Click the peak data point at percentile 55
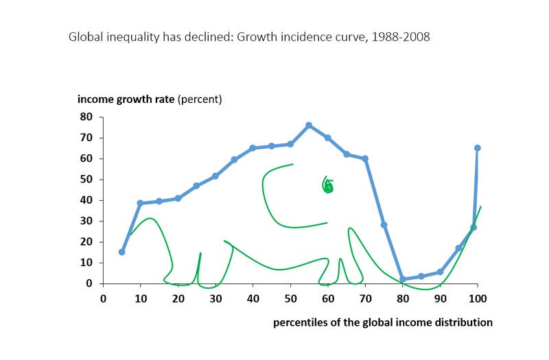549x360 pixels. (x=309, y=125)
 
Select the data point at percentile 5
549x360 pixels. (x=121, y=252)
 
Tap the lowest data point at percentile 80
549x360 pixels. (x=403, y=279)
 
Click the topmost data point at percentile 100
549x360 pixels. (x=478, y=148)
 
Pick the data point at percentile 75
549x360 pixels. (x=384, y=225)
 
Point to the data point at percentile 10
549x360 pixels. (x=140, y=203)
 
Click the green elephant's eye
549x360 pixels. (x=328, y=185)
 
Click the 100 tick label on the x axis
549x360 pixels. (x=478, y=299)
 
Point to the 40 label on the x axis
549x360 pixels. (x=253, y=299)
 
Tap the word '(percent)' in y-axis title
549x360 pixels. (x=200, y=99)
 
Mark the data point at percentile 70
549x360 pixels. (x=365, y=158)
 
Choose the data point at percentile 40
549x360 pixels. (x=253, y=148)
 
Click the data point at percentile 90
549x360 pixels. (x=440, y=272)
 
